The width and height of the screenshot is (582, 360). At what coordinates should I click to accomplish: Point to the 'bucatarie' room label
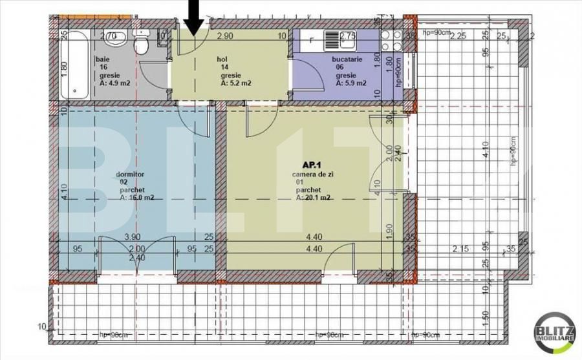click(350, 59)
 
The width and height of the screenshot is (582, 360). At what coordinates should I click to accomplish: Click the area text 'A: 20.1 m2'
click(314, 198)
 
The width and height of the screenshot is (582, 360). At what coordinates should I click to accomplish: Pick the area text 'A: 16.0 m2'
click(136, 198)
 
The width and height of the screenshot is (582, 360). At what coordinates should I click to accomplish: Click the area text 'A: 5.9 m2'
click(351, 83)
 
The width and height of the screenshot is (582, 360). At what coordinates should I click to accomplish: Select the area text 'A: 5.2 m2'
click(236, 83)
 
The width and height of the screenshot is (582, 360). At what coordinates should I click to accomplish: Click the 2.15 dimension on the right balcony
click(460, 248)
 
